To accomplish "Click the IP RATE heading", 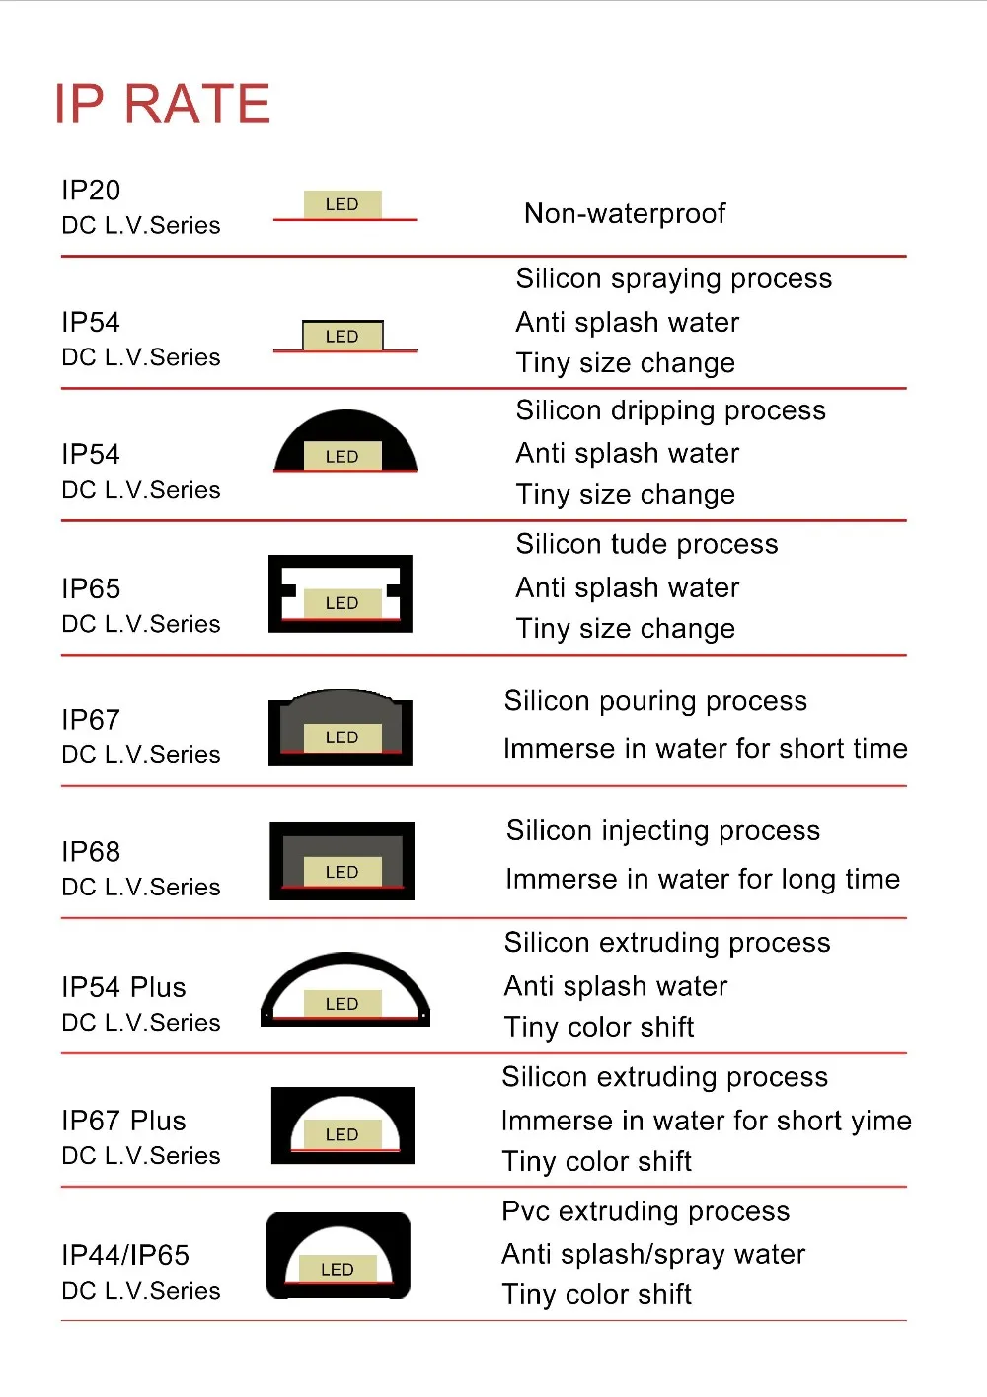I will click(x=163, y=104).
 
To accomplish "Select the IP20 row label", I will click(x=91, y=190).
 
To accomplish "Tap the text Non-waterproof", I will click(x=625, y=213).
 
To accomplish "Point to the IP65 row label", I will click(x=91, y=588).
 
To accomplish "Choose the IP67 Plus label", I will click(x=123, y=1121).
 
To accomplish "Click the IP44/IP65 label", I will click(x=125, y=1255).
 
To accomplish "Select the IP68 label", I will click(x=91, y=851).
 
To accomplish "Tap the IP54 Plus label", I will click(x=123, y=987).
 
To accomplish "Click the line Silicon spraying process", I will click(x=673, y=278).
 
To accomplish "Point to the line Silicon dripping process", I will click(x=670, y=410).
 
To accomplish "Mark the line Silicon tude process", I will click(x=646, y=544).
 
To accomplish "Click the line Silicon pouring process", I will click(x=655, y=701).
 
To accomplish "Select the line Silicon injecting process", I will click(x=662, y=831).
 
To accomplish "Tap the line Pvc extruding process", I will click(x=645, y=1211).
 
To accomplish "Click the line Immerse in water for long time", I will click(x=702, y=879).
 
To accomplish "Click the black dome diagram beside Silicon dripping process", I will click(x=344, y=441).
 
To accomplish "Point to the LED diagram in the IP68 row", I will click(x=342, y=861).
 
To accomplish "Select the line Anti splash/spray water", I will click(x=653, y=1254).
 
